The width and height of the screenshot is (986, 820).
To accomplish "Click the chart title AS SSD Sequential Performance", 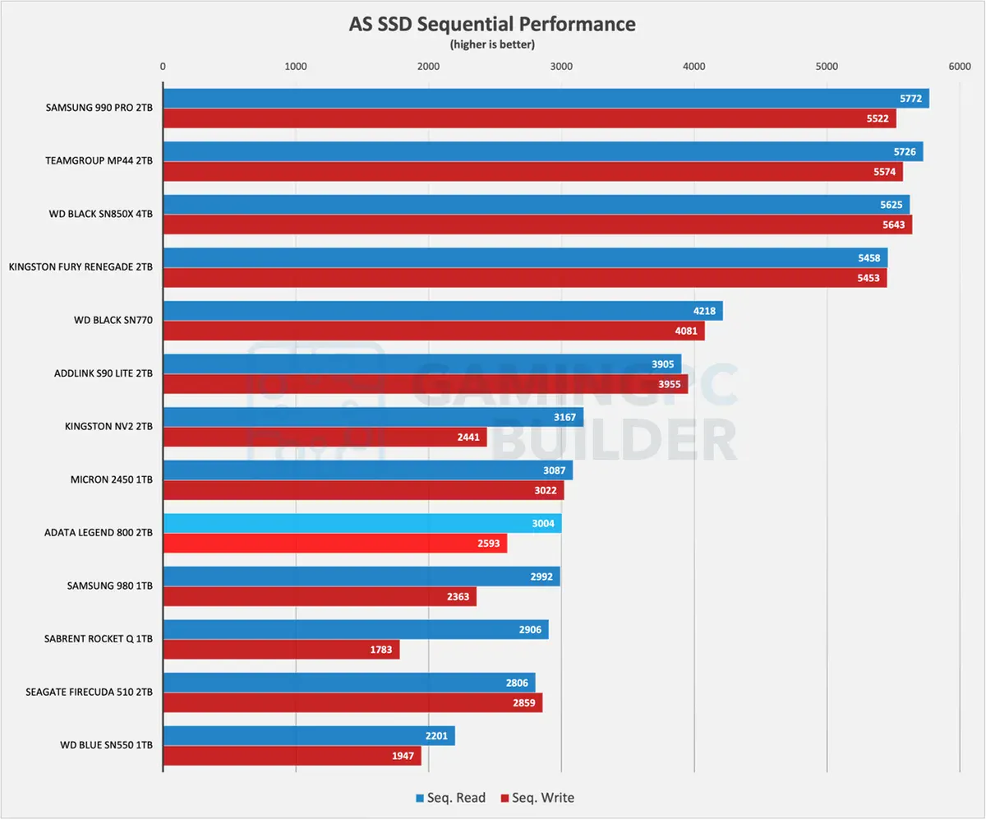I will [492, 25].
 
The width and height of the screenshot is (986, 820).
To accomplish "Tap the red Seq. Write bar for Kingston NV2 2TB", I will [325, 438].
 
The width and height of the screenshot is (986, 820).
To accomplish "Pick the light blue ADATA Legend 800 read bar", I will [362, 523].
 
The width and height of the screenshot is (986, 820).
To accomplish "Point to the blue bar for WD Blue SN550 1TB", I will [308, 735].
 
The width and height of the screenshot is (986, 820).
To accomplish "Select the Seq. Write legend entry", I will [537, 797].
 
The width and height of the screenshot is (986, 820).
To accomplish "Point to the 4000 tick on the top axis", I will [693, 66].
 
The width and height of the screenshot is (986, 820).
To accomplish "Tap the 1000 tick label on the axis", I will [296, 66].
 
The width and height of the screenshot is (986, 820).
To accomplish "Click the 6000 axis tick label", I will [958, 66].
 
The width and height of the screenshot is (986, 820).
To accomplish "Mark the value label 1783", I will [383, 650].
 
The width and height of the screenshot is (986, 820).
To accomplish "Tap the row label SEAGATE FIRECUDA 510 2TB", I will [90, 693].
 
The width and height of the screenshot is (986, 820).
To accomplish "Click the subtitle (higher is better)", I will [492, 44].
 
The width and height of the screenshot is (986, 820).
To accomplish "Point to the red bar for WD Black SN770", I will [433, 331].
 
